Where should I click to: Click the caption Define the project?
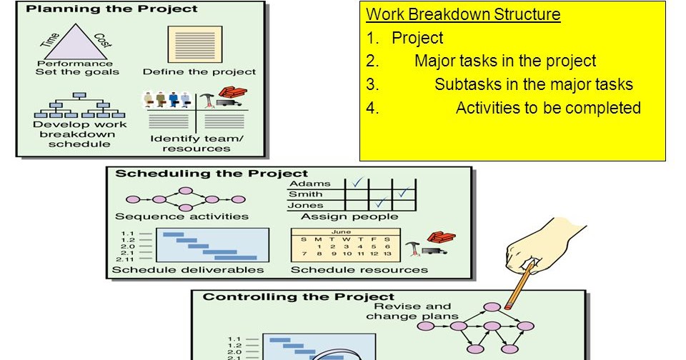pos(199,71)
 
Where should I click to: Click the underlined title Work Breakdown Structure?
pos(463,15)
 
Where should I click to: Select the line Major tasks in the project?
pos(504,61)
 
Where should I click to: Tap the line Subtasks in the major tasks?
pos(533,84)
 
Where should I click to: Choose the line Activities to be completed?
pos(548,108)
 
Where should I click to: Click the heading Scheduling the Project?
pos(212,174)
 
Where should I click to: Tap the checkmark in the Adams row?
pos(357,184)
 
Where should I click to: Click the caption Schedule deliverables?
pos(188,270)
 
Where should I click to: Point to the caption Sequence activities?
pos(182,216)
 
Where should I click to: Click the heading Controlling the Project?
pos(299,296)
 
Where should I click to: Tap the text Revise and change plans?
pos(408,311)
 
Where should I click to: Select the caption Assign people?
pos(349,216)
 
